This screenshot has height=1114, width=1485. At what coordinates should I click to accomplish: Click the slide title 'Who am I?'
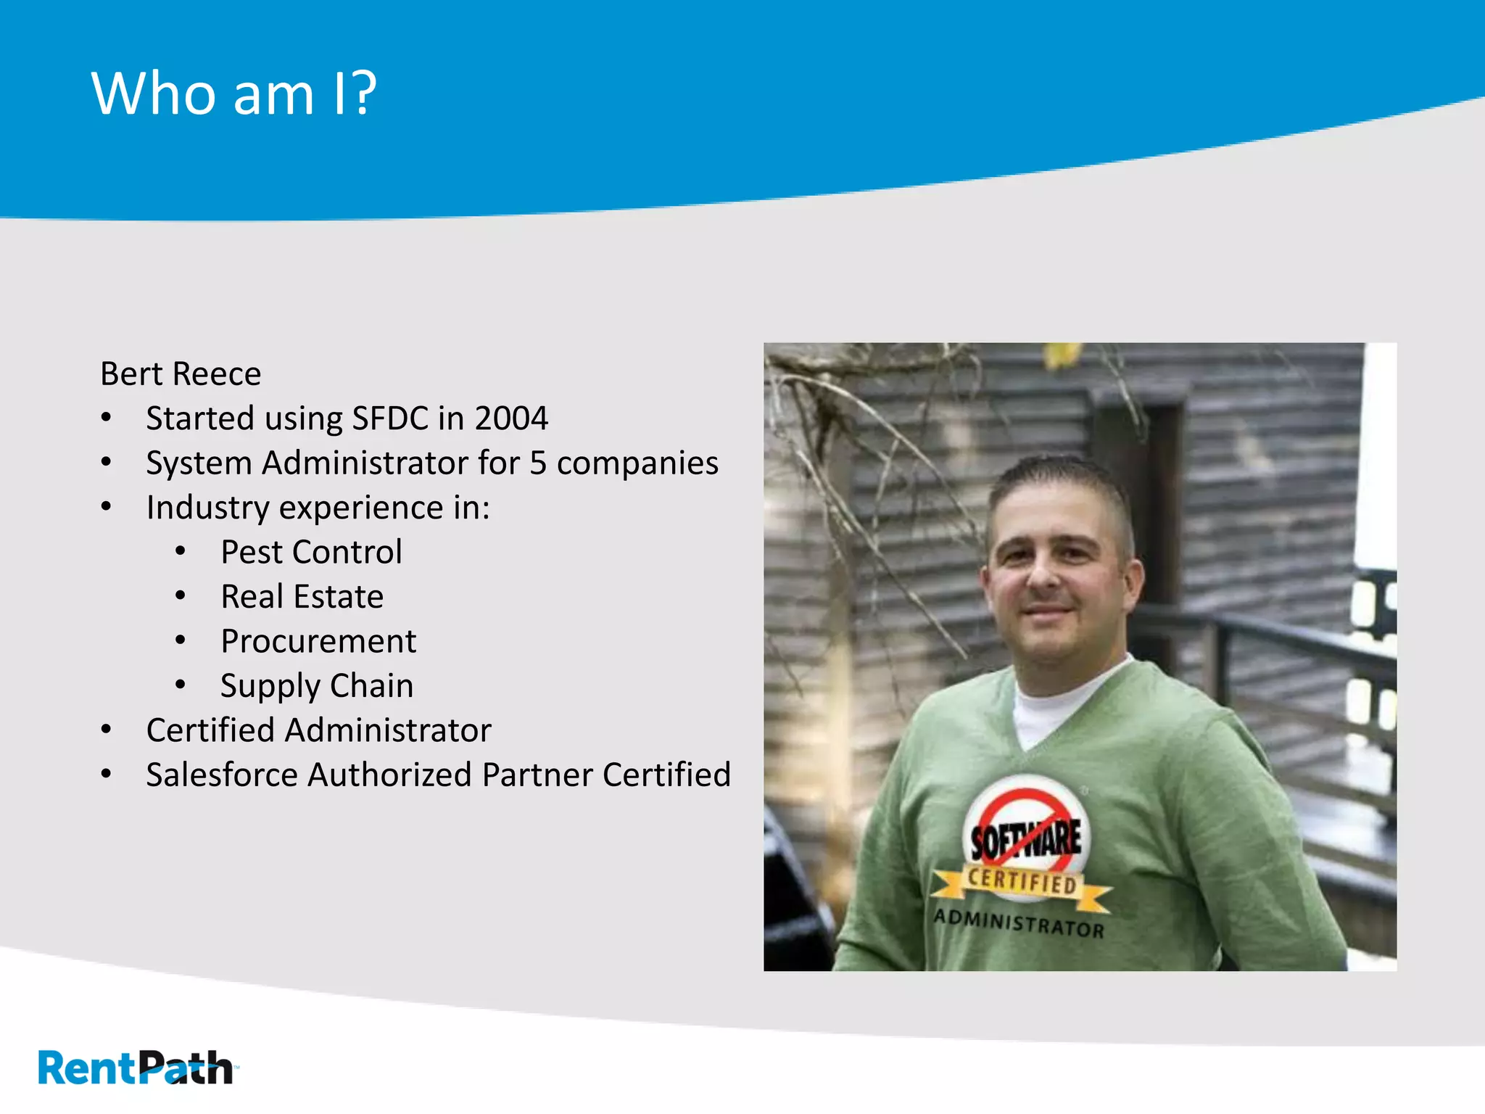pyautogui.click(x=233, y=94)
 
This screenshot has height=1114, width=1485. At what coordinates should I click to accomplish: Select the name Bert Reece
pyautogui.click(x=181, y=374)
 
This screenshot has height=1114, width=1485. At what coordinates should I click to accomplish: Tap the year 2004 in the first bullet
pyautogui.click(x=510, y=418)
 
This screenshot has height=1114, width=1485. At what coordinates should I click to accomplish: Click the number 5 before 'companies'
pyautogui.click(x=537, y=463)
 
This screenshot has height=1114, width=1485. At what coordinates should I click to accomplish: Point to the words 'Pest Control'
pyautogui.click(x=311, y=553)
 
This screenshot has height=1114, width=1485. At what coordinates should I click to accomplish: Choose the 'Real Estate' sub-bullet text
pyautogui.click(x=302, y=597)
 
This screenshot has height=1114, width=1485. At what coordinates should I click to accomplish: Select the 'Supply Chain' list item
pyautogui.click(x=317, y=686)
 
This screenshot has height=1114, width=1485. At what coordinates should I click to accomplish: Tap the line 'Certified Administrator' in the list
pyautogui.click(x=318, y=730)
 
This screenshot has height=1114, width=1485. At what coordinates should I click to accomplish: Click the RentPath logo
pyautogui.click(x=136, y=1068)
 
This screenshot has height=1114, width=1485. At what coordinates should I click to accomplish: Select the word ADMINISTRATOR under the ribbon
pyautogui.click(x=1019, y=923)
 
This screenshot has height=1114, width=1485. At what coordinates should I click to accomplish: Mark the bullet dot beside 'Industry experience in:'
pyautogui.click(x=107, y=507)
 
